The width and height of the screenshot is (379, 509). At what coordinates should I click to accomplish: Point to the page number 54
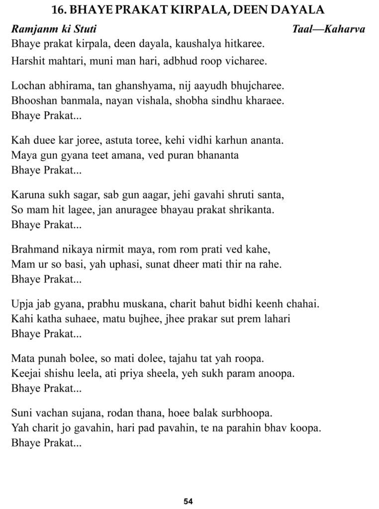coord(188,501)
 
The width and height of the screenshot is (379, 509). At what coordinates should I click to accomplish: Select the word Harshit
coord(27,62)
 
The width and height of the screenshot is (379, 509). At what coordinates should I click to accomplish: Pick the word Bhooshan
coord(31,100)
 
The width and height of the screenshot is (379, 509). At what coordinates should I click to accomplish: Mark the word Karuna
coord(26,195)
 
